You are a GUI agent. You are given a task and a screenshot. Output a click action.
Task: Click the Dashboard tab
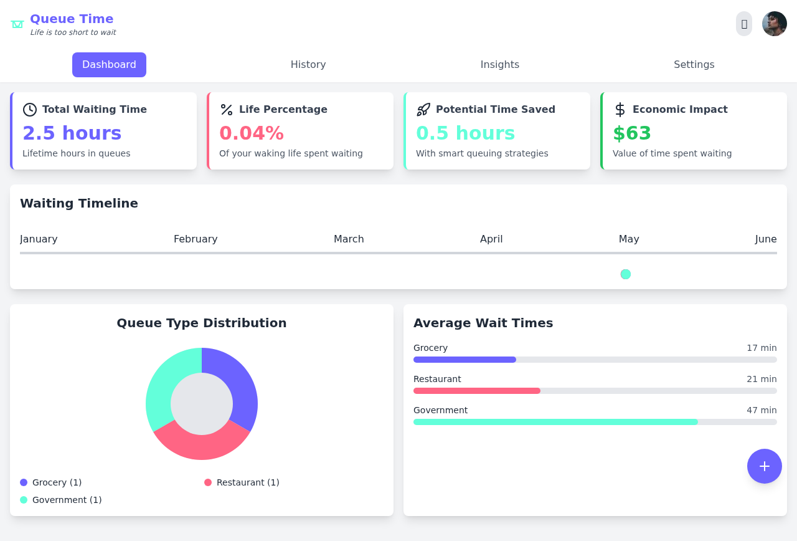109,65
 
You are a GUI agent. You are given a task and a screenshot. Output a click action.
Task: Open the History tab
308,65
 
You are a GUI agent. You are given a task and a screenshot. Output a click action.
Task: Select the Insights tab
500,65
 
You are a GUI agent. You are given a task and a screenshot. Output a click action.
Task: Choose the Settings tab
694,65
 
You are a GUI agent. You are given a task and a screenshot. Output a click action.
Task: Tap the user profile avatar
774,24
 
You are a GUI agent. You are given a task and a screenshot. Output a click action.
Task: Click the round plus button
764,466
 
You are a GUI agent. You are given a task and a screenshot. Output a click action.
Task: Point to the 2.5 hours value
72,133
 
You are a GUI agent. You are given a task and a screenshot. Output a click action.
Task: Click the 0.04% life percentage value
252,133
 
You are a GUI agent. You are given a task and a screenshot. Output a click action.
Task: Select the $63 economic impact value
632,133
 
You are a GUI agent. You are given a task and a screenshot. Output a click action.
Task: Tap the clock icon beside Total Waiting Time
30,110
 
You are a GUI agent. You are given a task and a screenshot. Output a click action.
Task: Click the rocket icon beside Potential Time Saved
423,110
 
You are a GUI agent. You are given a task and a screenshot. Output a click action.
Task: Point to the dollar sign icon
620,110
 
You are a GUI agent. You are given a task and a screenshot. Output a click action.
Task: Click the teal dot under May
626,274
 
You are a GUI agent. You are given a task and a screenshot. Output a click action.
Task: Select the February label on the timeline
196,239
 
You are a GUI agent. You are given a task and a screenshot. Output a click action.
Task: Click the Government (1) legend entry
67,500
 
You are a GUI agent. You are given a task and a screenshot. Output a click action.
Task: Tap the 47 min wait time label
762,410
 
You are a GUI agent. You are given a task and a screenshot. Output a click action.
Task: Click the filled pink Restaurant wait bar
477,391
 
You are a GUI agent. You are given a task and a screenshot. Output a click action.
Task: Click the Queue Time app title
72,19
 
